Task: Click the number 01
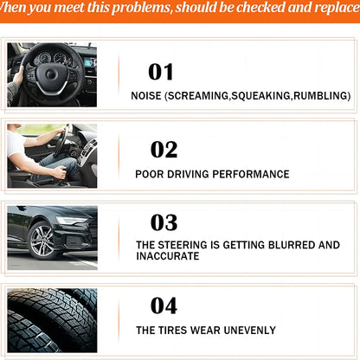pyautogui.click(x=161, y=72)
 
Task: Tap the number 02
pyautogui.click(x=164, y=150)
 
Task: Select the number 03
pyautogui.click(x=164, y=222)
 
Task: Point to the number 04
pyautogui.click(x=164, y=305)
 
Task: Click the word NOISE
pyautogui.click(x=146, y=96)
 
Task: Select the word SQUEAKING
pyautogui.click(x=260, y=96)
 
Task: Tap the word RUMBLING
pyautogui.click(x=320, y=96)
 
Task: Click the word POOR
pyautogui.click(x=149, y=174)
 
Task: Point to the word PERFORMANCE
pyautogui.click(x=251, y=174)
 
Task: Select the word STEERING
pyautogui.click(x=183, y=245)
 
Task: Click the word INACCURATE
pyautogui.click(x=168, y=256)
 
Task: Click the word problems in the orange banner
pyautogui.click(x=141, y=8)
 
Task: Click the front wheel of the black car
pyautogui.click(x=42, y=240)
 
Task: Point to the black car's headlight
pyautogui.click(x=71, y=221)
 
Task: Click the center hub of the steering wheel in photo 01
pyautogui.click(x=52, y=74)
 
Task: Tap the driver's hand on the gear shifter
pyautogui.click(x=60, y=172)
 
